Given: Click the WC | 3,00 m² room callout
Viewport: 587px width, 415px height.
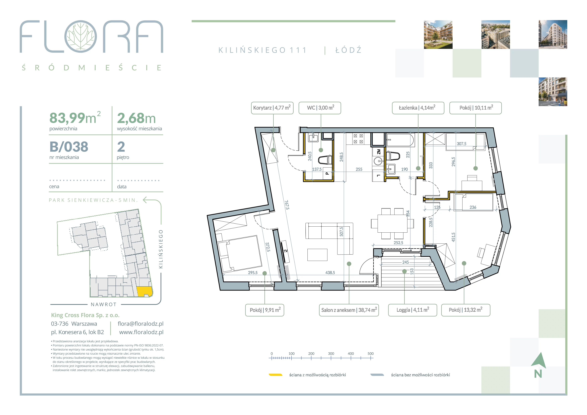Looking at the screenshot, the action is click(x=321, y=108).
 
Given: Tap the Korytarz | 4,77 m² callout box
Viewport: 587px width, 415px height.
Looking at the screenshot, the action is click(x=272, y=108).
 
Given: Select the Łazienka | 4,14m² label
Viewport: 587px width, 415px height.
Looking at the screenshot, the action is click(x=418, y=108).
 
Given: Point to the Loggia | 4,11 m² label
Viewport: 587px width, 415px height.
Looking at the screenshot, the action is click(x=413, y=310).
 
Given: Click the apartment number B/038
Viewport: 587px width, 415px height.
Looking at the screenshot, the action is click(x=69, y=147).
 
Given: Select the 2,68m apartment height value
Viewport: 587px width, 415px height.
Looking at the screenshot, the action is click(x=136, y=118).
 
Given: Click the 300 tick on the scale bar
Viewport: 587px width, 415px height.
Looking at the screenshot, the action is click(x=331, y=358).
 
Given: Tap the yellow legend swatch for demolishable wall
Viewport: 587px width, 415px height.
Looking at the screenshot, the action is click(x=275, y=375).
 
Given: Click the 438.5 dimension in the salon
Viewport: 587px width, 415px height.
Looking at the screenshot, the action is click(x=330, y=273).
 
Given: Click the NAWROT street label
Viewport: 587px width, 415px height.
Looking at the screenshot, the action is click(x=104, y=304).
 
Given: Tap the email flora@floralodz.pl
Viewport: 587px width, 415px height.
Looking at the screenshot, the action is click(x=141, y=324).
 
